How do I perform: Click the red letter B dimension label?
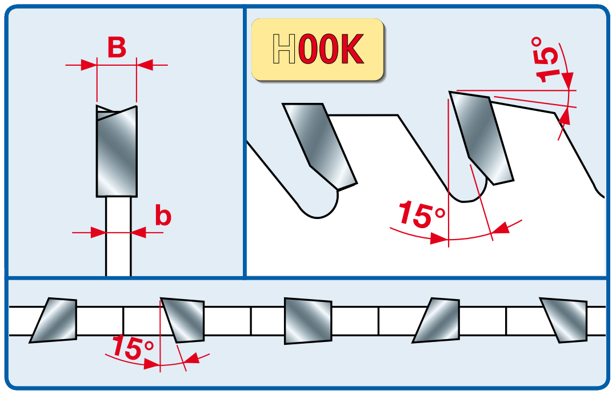pyautogui.click(x=117, y=47)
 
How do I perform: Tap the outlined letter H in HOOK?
pyautogui.click(x=284, y=50)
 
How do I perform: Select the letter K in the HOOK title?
pyautogui.click(x=351, y=50)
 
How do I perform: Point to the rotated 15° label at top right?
pyautogui.click(x=547, y=59)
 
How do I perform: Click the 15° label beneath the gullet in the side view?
pyautogui.click(x=421, y=214)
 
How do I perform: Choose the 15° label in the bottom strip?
pyautogui.click(x=133, y=348)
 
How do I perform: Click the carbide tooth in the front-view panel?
pyautogui.click(x=117, y=154)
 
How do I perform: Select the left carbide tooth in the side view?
pyautogui.click(x=320, y=146)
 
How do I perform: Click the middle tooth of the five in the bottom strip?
pyautogui.click(x=308, y=320)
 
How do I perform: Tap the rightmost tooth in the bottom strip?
pyautogui.click(x=565, y=320)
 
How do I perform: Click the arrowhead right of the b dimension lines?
pyautogui.click(x=138, y=232)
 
